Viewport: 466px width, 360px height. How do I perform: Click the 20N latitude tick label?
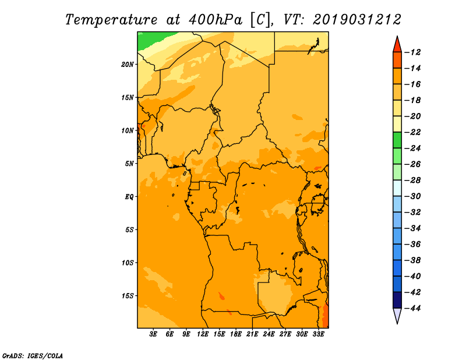click(x=128, y=65)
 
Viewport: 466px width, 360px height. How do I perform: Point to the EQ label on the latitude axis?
click(x=129, y=197)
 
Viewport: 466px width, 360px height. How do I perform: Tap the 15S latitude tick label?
click(x=128, y=296)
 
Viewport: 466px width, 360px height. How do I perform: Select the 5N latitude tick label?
click(x=129, y=164)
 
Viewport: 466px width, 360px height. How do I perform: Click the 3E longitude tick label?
click(x=153, y=334)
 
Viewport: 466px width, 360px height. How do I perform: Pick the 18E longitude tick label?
click(x=236, y=334)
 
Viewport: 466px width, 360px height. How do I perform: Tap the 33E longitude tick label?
click(x=318, y=334)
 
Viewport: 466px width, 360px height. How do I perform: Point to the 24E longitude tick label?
click(x=269, y=334)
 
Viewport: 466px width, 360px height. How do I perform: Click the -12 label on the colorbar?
click(x=413, y=52)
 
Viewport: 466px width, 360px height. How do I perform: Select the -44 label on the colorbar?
click(x=413, y=308)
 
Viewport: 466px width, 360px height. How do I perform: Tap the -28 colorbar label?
click(x=413, y=180)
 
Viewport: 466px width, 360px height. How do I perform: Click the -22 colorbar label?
click(x=413, y=132)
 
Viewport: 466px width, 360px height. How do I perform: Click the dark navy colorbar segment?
click(x=397, y=300)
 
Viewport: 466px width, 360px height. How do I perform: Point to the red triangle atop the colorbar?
click(x=397, y=45)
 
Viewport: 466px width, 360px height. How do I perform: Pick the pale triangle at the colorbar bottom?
click(x=397, y=315)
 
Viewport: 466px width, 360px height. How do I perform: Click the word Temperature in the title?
click(x=111, y=20)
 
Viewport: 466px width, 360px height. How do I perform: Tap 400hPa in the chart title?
click(x=216, y=20)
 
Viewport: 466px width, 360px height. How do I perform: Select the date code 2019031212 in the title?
click(x=357, y=20)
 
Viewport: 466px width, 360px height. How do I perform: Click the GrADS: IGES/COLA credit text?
click(x=33, y=356)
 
